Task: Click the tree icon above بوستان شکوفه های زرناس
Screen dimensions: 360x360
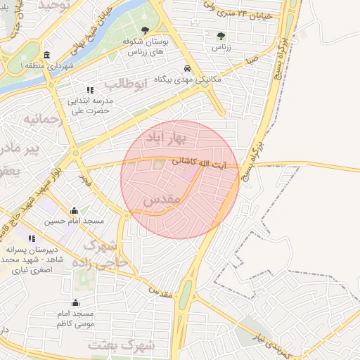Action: [x=145, y=30]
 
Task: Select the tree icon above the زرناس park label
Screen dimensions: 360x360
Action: [x=221, y=34]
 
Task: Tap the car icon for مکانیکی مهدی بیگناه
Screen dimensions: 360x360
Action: [x=188, y=69]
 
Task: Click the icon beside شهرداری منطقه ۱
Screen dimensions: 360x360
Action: [x=46, y=56]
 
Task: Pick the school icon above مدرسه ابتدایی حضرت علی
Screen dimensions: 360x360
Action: [x=90, y=90]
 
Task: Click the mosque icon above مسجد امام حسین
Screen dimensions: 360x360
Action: [x=74, y=210]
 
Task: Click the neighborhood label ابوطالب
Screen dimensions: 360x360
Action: [x=127, y=84]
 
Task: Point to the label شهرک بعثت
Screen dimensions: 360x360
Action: [x=121, y=345]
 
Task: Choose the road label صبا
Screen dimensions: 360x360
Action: [x=251, y=61]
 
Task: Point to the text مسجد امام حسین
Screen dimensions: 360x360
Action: [x=74, y=221]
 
